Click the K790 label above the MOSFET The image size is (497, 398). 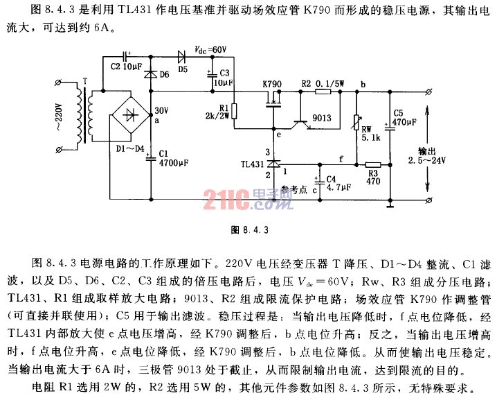coord(273,83)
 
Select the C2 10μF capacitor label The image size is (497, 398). coord(125,68)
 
